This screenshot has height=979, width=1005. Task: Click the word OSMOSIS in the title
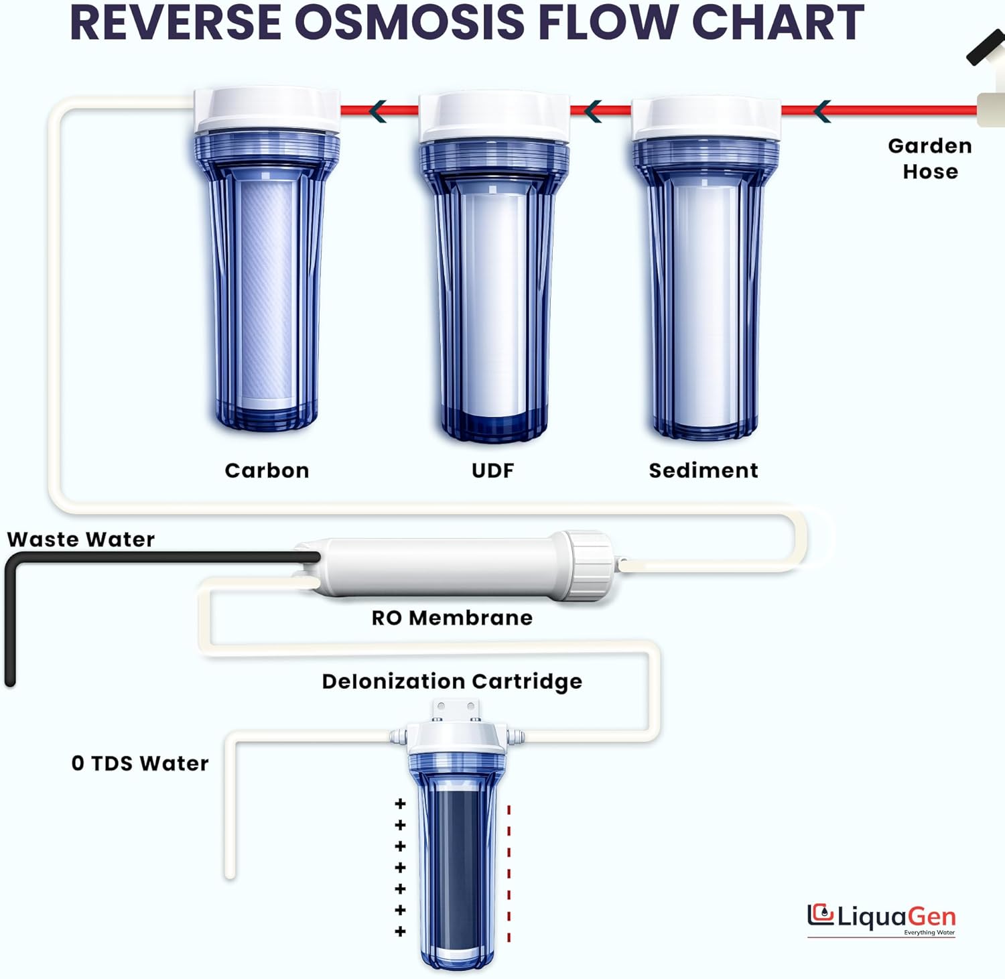pyautogui.click(x=409, y=22)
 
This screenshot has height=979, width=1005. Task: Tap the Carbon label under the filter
pyautogui.click(x=267, y=470)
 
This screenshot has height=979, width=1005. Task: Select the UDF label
pyautogui.click(x=492, y=470)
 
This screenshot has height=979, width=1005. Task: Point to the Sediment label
pyautogui.click(x=703, y=470)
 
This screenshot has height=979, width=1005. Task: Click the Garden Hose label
pyautogui.click(x=930, y=159)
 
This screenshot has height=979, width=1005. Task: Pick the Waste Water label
pyautogui.click(x=81, y=539)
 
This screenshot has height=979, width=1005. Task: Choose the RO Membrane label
pyautogui.click(x=452, y=617)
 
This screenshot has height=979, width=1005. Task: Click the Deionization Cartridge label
pyautogui.click(x=452, y=681)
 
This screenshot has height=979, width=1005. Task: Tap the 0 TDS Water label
pyautogui.click(x=140, y=763)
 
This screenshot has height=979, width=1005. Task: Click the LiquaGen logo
pyautogui.click(x=882, y=918)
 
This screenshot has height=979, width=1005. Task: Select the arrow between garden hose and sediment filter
pyautogui.click(x=822, y=111)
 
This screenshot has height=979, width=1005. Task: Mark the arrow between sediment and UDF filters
pyautogui.click(x=592, y=111)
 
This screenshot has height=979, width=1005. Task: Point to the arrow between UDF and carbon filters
pyautogui.click(x=378, y=111)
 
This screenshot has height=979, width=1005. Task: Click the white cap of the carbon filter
pyautogui.click(x=267, y=111)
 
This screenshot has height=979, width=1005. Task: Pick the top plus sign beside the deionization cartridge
pyautogui.click(x=401, y=803)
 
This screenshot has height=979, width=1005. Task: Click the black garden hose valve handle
pyautogui.click(x=986, y=49)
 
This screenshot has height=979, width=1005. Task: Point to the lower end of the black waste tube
pyautogui.click(x=10, y=680)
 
